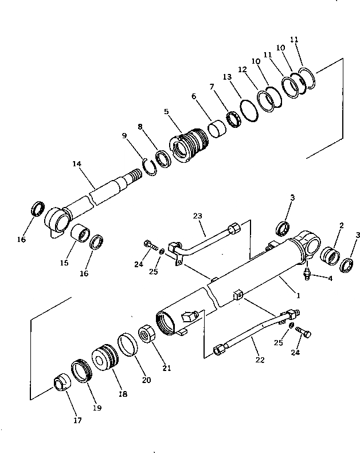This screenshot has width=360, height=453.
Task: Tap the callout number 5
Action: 166,112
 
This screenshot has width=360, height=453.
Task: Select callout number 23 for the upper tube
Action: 198,217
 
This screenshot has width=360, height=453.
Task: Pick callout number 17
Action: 77,420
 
